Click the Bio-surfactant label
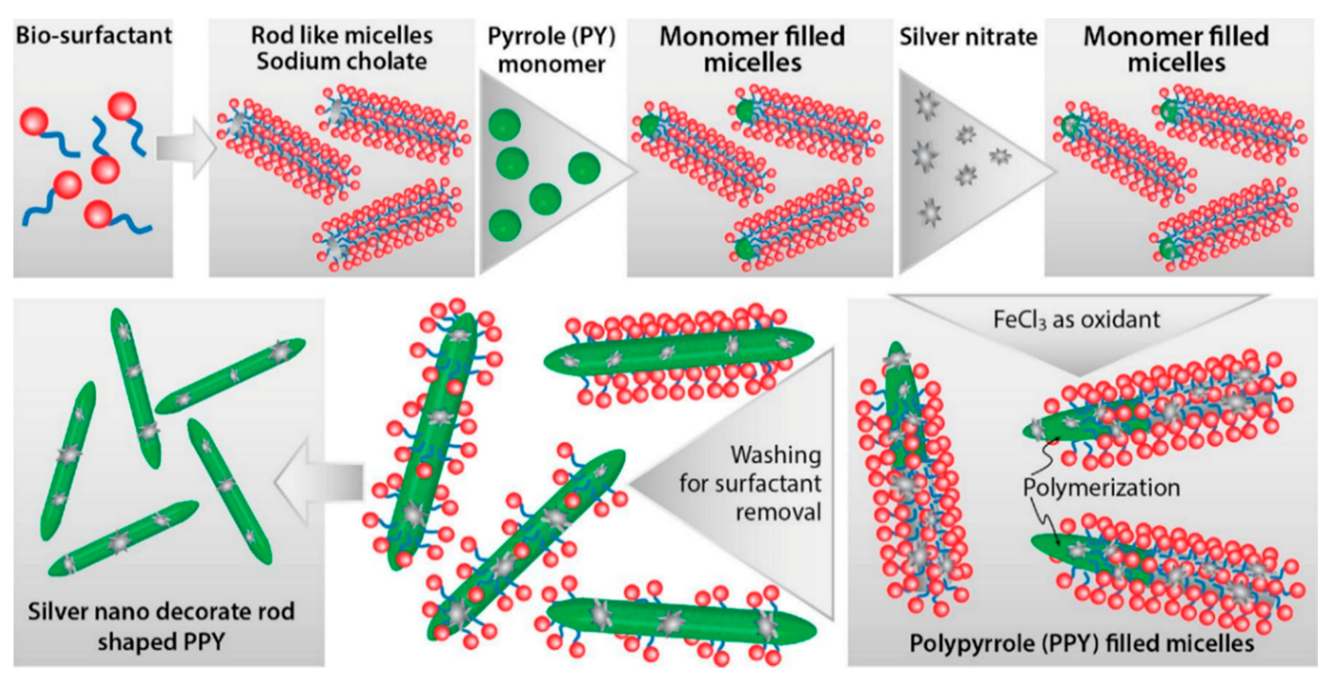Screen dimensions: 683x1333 tap(94, 35)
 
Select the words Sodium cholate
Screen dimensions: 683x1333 tap(342, 62)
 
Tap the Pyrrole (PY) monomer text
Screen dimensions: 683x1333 tap(552, 50)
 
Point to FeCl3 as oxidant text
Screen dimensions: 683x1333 tap(1076, 319)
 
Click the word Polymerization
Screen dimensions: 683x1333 tap(1101, 487)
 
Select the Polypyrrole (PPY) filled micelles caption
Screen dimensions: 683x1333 tap(1082, 643)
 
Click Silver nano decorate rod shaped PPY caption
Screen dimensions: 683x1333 tap(161, 626)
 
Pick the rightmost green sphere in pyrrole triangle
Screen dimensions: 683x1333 tap(584, 168)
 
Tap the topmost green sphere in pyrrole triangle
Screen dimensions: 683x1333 tap(504, 125)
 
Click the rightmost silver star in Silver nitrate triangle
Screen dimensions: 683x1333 tap(1000, 155)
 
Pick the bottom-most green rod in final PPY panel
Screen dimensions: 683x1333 tap(123, 538)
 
